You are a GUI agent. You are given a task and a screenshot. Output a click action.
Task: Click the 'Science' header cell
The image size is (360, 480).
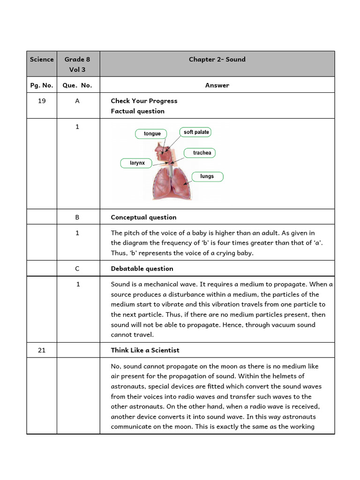[x=42, y=60]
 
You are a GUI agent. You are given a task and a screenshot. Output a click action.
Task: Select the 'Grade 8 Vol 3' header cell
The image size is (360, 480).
[x=77, y=64]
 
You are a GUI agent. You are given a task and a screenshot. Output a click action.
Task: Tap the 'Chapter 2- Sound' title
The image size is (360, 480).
[x=217, y=60]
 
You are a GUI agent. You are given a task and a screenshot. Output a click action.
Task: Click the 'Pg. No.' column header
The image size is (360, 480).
[x=42, y=85]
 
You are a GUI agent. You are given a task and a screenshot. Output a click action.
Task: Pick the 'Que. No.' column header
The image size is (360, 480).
[x=77, y=85]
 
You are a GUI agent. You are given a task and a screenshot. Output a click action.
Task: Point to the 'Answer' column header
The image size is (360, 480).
[x=217, y=85]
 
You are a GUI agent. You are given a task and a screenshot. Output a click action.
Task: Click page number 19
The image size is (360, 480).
[x=42, y=101]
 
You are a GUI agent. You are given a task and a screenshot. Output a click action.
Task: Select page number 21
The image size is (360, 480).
[x=42, y=350]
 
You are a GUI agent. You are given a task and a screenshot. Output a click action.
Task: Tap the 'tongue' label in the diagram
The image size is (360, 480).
[x=152, y=134]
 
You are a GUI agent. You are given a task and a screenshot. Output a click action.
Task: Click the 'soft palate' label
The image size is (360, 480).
[x=196, y=132]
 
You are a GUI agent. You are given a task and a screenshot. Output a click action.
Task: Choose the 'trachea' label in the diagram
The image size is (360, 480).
[x=202, y=153]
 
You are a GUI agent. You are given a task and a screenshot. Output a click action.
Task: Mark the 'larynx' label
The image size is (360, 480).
[x=137, y=163]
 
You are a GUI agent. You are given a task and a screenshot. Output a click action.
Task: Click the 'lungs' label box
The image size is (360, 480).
[x=207, y=176]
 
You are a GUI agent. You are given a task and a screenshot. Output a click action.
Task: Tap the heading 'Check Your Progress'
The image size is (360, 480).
[x=144, y=101]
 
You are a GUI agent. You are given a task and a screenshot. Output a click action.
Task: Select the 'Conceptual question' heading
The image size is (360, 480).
[x=143, y=217]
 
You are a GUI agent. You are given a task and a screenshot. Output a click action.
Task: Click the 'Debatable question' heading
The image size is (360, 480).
[x=142, y=269]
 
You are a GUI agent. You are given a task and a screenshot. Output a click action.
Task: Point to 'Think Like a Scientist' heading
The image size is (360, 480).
[x=145, y=350]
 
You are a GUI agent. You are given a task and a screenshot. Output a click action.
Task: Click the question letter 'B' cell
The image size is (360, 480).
[x=77, y=217]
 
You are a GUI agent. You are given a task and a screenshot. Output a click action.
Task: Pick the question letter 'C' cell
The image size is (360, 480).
[x=77, y=269]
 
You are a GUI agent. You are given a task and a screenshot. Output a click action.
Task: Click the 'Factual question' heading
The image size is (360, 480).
[x=137, y=111]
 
